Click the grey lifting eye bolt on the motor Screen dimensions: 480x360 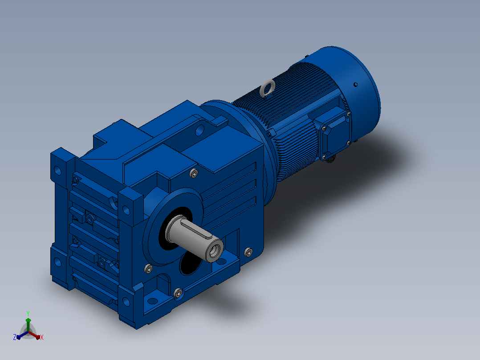pos(267,88)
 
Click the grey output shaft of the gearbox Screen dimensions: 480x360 pos(195,237)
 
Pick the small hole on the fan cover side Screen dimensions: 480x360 pos(355,84)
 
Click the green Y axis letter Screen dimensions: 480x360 pos(28,313)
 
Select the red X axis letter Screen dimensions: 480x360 pos(42,337)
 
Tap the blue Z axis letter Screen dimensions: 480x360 pos(15,337)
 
